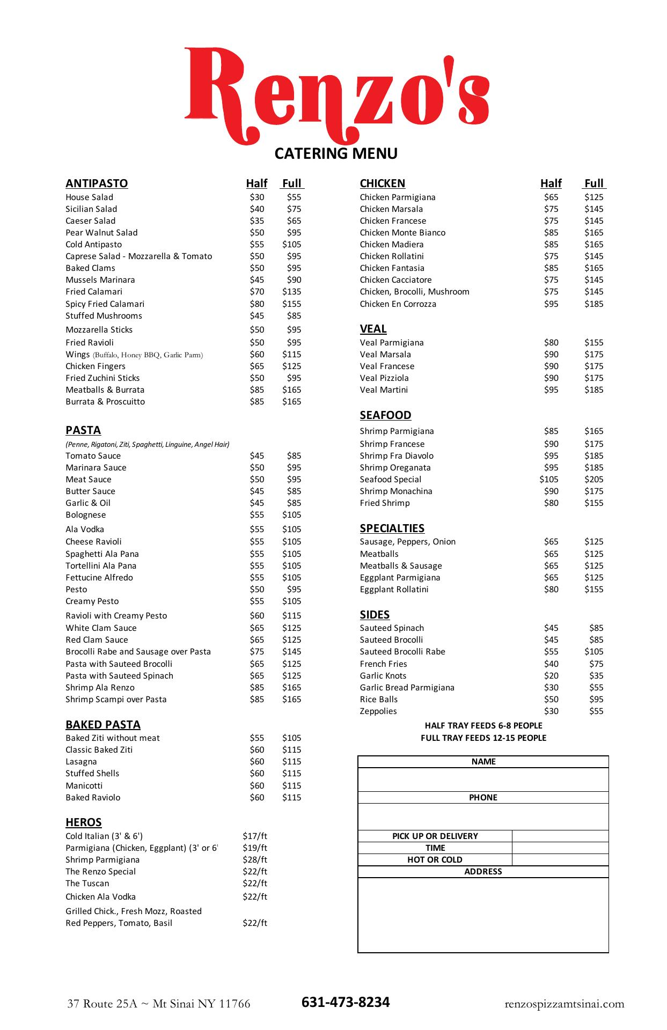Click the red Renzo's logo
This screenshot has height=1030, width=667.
(x=336, y=94)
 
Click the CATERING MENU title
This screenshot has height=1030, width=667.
(x=336, y=153)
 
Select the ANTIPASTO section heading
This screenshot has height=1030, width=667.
(x=97, y=183)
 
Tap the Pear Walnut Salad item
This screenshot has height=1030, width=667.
(x=101, y=233)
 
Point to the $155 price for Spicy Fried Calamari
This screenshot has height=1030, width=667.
(x=291, y=304)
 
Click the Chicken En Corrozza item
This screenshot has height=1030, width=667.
(x=398, y=304)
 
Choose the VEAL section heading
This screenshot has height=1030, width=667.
(x=373, y=329)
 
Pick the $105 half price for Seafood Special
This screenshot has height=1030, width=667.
(x=549, y=480)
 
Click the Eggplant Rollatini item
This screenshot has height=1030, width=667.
(x=394, y=590)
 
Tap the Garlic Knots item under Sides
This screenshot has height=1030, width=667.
(x=383, y=676)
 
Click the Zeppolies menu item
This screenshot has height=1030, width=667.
(x=378, y=711)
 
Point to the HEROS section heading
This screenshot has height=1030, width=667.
(x=83, y=822)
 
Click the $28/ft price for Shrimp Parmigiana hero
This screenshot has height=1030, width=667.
(x=254, y=860)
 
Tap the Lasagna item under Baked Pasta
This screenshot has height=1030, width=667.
(x=81, y=762)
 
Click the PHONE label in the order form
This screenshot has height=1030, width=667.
(x=483, y=798)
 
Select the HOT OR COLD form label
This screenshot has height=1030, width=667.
(x=435, y=860)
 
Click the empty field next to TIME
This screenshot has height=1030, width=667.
(x=560, y=848)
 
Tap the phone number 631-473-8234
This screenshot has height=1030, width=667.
(x=346, y=1002)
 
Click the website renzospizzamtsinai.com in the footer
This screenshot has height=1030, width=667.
(x=565, y=1004)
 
